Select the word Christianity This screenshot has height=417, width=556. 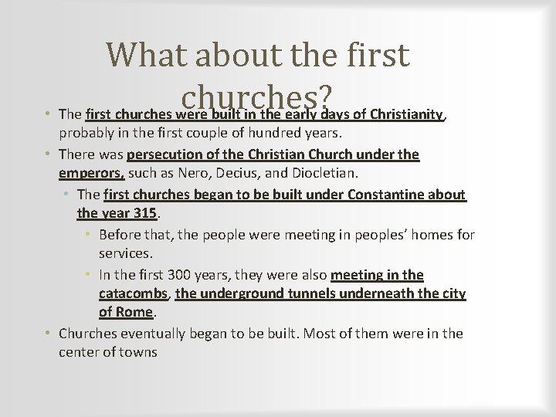point(406,115)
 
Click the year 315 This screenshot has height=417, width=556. point(144,213)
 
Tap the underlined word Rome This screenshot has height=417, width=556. point(136,313)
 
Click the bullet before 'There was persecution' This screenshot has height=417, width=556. point(48,154)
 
